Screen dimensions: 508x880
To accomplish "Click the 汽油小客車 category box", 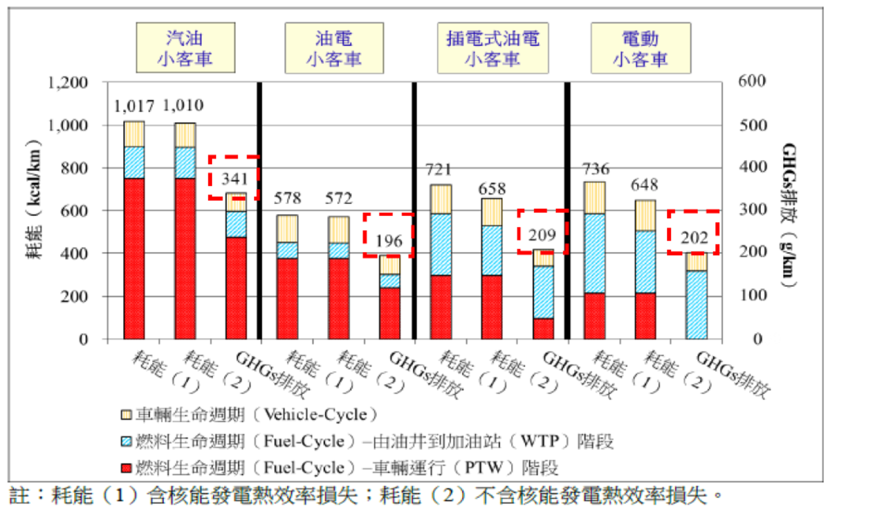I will click(185, 48).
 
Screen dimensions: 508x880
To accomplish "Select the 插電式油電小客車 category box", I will click(493, 48).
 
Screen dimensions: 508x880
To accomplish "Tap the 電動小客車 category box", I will click(640, 48).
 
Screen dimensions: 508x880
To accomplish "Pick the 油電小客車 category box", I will click(334, 48).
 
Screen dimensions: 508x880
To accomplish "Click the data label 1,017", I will click(134, 106).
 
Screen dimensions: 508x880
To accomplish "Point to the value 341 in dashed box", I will click(234, 179).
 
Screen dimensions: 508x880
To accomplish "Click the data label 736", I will click(596, 169).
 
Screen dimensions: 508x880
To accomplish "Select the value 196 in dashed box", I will click(389, 241).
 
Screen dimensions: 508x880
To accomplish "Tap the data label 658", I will click(492, 189).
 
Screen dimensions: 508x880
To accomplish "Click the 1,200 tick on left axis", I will click(68, 83).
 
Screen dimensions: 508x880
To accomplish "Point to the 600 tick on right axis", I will click(752, 81).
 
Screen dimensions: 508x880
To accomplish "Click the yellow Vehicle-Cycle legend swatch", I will click(126, 415).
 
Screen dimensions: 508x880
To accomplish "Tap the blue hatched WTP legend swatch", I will click(126, 442).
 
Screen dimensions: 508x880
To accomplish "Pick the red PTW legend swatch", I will click(126, 469).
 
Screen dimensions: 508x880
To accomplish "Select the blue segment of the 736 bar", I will click(594, 253).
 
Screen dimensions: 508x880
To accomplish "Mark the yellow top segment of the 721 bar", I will click(441, 199).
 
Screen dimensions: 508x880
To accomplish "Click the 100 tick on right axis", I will click(752, 295).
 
